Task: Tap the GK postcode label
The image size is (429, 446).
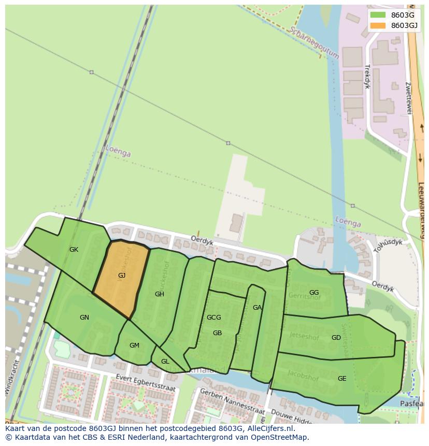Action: point(74,250)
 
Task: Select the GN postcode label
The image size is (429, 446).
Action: point(84,318)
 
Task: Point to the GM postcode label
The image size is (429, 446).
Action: point(134,346)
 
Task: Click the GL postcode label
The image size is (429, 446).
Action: point(165,362)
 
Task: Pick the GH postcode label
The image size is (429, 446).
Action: point(160,294)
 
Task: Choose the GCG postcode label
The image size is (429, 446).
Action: point(213,318)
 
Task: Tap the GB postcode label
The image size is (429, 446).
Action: point(217,333)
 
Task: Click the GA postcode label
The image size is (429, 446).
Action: point(257,308)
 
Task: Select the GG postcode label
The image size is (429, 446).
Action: point(314,293)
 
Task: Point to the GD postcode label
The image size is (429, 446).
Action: point(336,338)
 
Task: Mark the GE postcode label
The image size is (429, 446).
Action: point(342,379)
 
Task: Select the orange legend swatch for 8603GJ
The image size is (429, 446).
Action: point(378,25)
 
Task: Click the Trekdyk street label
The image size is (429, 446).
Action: point(367,77)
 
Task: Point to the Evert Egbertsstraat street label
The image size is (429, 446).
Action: point(146,383)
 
